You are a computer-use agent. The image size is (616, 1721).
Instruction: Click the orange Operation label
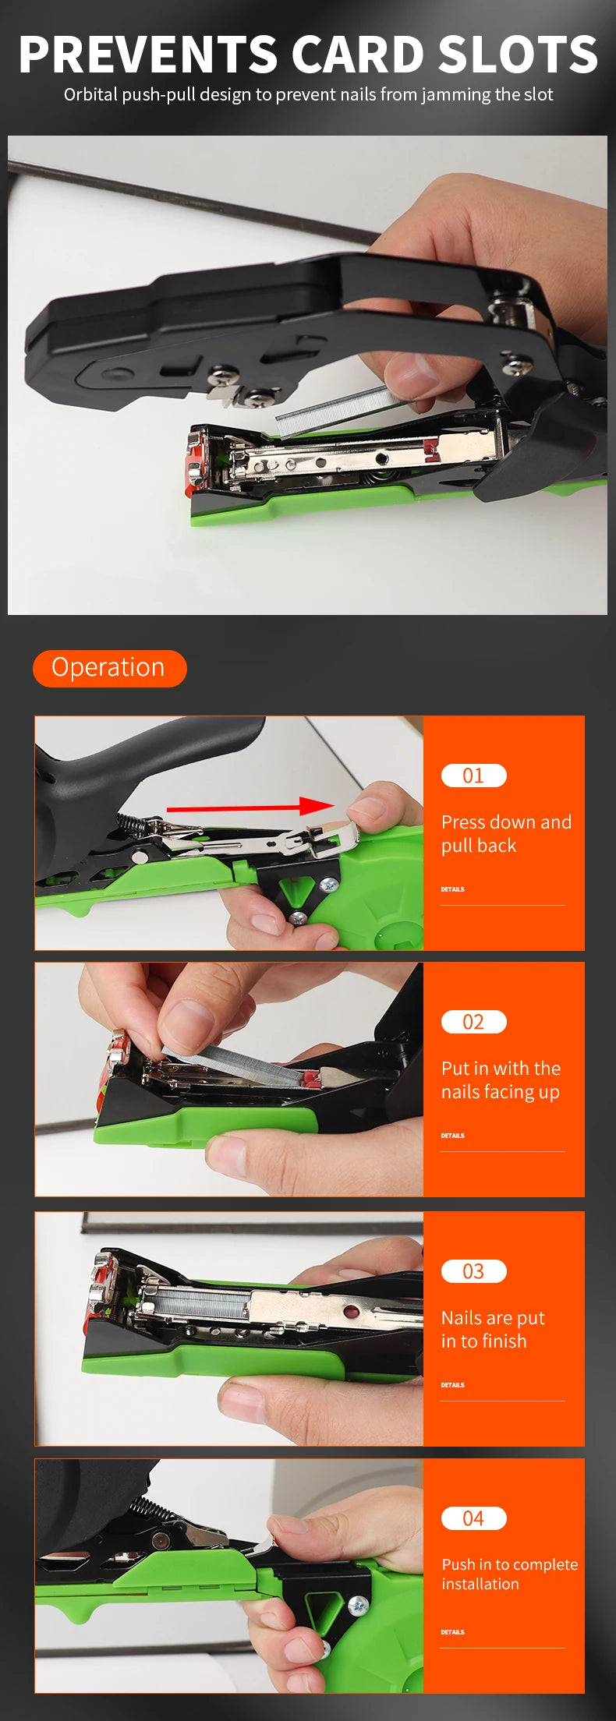click(109, 668)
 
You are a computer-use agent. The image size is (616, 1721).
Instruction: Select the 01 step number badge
click(473, 776)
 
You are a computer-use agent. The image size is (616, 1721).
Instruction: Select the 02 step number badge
click(473, 1022)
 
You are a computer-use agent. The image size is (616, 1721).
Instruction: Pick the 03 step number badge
click(473, 1271)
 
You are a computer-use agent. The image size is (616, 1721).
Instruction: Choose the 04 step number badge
click(473, 1518)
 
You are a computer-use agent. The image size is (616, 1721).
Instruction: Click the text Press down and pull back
click(505, 834)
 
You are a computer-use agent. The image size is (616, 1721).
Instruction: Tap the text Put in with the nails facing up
click(501, 1080)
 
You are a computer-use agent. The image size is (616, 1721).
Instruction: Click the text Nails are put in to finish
click(492, 1330)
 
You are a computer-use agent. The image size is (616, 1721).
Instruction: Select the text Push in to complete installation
click(509, 1574)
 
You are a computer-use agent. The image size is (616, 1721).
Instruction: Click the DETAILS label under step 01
click(452, 889)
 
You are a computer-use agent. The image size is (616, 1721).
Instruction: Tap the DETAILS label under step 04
click(452, 1632)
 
